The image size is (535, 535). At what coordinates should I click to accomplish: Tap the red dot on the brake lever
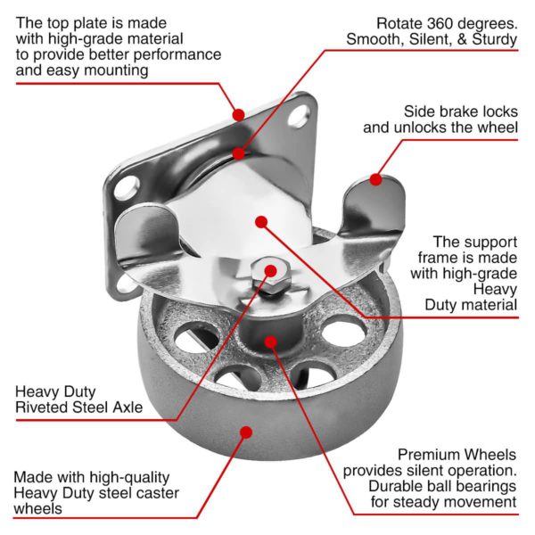tap(376, 179)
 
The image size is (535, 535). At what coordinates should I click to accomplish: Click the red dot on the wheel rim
tap(246, 432)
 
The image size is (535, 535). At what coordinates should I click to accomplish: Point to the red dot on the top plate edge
tap(238, 114)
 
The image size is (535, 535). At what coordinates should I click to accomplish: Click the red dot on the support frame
tap(260, 222)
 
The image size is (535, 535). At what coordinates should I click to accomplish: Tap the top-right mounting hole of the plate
tap(300, 114)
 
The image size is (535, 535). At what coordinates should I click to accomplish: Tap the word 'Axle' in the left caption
tap(127, 408)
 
